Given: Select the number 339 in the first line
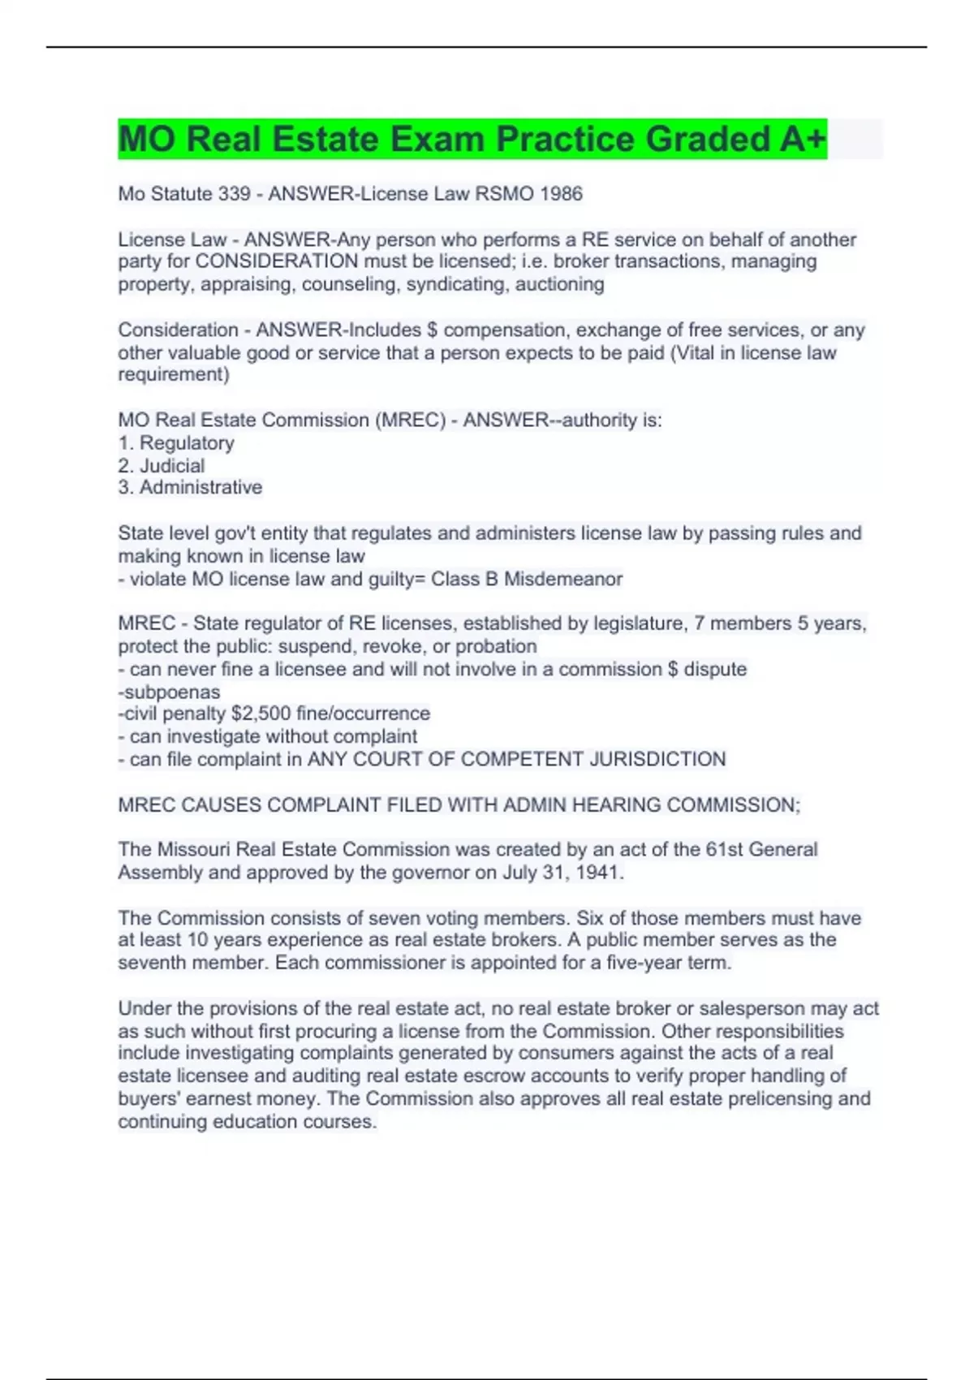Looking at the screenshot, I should (x=235, y=194).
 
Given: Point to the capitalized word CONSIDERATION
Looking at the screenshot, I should (x=277, y=261).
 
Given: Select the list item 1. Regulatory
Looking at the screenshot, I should (x=176, y=442).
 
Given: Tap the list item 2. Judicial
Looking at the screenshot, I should (x=162, y=465).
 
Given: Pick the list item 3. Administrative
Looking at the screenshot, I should (x=190, y=487).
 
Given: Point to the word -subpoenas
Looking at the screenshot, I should (x=169, y=692).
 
